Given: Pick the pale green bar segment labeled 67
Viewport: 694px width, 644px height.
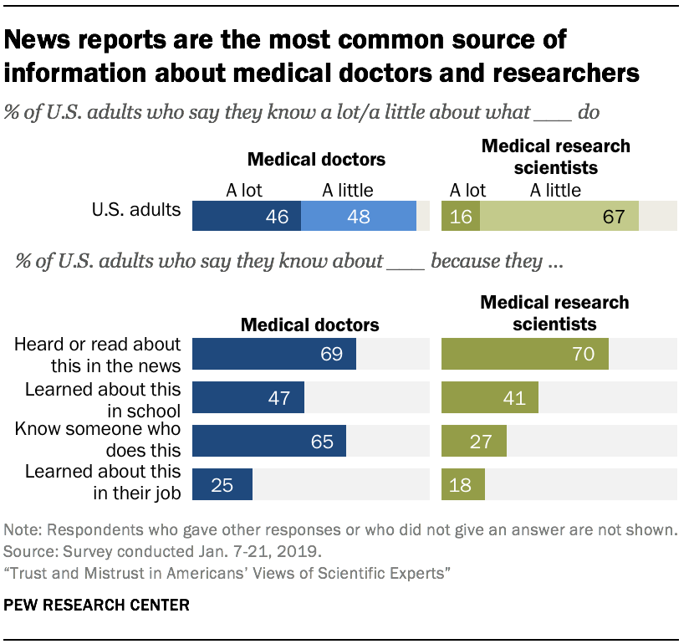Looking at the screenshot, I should pyautogui.click(x=559, y=216).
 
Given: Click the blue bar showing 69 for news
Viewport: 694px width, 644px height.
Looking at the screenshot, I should pyautogui.click(x=274, y=354).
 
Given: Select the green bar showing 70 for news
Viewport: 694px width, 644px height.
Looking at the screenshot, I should pyautogui.click(x=524, y=354).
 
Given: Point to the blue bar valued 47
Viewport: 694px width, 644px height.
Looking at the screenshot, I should pyautogui.click(x=248, y=397).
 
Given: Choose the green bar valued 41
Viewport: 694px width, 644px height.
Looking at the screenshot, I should pyautogui.click(x=490, y=397).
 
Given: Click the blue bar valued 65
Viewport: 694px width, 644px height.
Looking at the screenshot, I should pyautogui.click(x=269, y=441).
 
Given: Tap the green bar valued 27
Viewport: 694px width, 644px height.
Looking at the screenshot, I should pyautogui.click(x=473, y=441).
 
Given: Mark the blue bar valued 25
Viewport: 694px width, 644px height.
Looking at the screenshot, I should pyautogui.click(x=222, y=484).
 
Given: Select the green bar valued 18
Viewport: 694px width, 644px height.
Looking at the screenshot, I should pyautogui.click(x=462, y=484).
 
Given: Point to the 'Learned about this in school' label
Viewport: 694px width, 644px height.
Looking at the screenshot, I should pyautogui.click(x=103, y=399).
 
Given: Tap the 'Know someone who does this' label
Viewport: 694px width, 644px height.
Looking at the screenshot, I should pyautogui.click(x=99, y=441).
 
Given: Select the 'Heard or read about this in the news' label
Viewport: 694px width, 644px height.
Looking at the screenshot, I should pyautogui.click(x=99, y=355).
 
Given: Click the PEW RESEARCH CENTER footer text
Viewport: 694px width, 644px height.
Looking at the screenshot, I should pyautogui.click(x=96, y=603).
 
